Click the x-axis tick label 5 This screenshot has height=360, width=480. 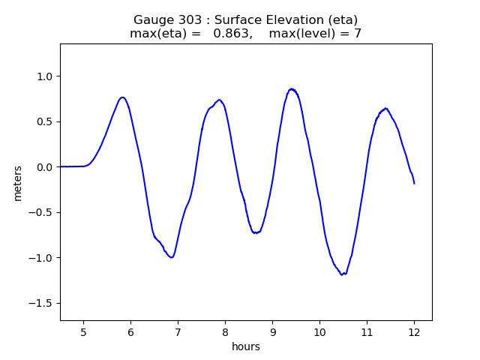pos(83,332)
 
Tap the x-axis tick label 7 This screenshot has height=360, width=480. pos(178,332)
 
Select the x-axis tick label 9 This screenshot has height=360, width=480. pos(272,332)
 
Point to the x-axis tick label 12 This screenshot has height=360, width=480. pos(414,332)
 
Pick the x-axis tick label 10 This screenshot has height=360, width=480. pos(319,332)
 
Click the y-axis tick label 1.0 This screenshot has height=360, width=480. pos(45,76)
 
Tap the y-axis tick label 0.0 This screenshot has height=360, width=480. pos(45,167)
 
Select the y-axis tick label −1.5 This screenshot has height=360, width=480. pos(40,303)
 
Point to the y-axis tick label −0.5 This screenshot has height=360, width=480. pos(40,212)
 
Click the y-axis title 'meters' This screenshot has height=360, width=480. pos(18,183)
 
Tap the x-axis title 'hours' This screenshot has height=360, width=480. pos(246,346)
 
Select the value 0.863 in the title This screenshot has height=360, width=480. pos(231,33)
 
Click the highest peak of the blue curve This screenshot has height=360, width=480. pos(292,89)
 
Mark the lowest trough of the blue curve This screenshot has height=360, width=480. pos(342,274)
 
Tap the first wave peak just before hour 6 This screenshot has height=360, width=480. pos(123,97)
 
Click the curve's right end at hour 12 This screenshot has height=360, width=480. pos(414,183)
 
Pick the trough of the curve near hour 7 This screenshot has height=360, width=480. pos(172,257)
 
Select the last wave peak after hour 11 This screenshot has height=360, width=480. pos(385,108)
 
